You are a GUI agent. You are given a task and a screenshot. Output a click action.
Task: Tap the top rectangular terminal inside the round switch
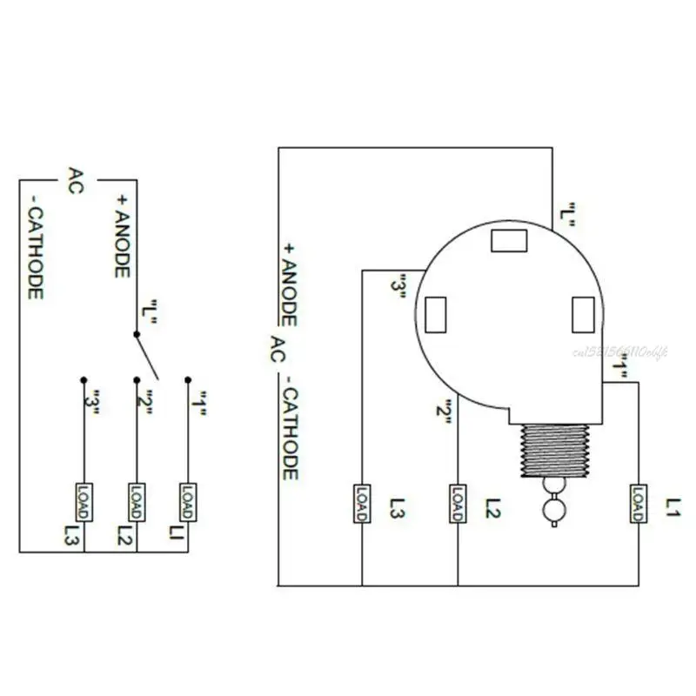click(509, 240)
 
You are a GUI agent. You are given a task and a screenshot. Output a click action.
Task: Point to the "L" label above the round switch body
click(567, 215)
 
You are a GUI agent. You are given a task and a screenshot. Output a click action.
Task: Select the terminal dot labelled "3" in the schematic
click(84, 380)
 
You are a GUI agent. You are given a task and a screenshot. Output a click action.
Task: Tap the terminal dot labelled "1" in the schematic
click(187, 380)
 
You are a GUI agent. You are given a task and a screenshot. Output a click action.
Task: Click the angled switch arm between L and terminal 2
click(146, 356)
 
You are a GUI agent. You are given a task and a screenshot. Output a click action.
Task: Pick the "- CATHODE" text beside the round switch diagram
click(290, 431)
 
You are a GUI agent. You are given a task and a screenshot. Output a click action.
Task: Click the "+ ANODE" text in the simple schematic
click(122, 236)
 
